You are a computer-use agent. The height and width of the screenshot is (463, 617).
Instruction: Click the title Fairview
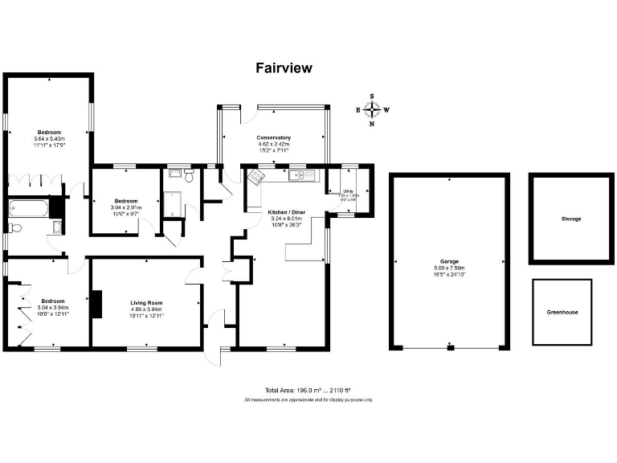[284, 68]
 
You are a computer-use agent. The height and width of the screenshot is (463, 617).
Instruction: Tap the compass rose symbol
[372, 110]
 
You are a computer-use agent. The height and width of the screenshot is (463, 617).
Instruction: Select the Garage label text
[449, 262]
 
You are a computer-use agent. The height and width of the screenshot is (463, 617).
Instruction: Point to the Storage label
[571, 219]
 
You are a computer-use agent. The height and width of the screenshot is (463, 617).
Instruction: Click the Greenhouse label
[562, 312]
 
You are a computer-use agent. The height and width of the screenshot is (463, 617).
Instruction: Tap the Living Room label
[147, 302]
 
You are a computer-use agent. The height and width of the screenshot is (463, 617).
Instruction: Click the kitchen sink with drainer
[297, 174]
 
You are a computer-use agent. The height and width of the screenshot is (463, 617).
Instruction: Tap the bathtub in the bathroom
[29, 208]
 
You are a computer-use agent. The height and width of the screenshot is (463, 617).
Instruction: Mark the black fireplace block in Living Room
[96, 304]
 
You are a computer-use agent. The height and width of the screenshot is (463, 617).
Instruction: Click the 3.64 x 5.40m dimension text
[47, 139]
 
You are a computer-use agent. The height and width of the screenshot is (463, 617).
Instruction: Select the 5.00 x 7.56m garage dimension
[449, 268]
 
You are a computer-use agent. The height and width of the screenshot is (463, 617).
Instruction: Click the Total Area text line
[308, 391]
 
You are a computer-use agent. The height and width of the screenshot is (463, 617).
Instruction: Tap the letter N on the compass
[372, 125]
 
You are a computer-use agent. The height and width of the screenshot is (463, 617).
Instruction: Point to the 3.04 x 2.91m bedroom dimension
[125, 207]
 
